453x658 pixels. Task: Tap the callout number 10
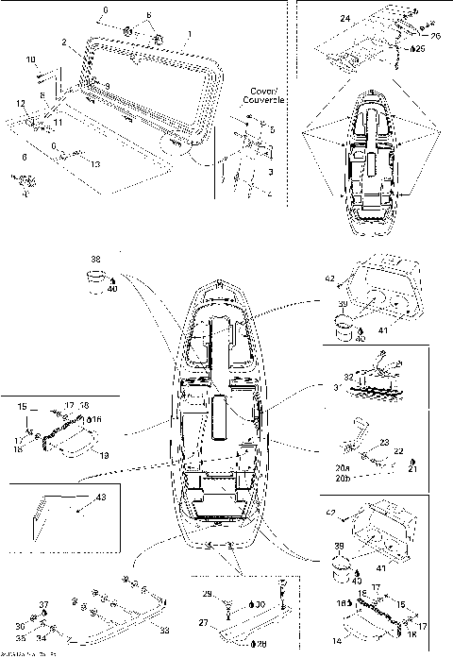pos(30,59)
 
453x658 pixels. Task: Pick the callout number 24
pos(344,19)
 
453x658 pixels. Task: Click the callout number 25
pos(420,47)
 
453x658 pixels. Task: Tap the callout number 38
pos(94,259)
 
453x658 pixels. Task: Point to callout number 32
pos(347,376)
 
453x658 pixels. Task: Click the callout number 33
pos(164,629)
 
